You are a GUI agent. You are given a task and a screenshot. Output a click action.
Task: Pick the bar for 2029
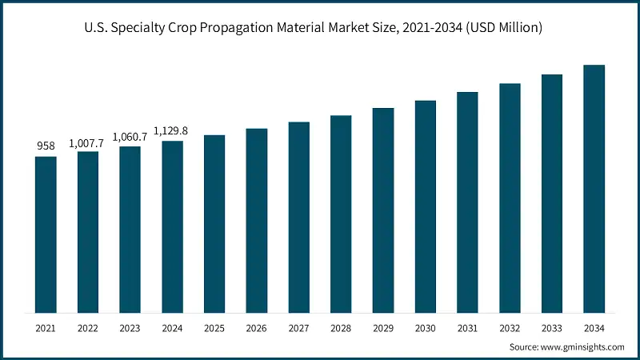pos(383,210)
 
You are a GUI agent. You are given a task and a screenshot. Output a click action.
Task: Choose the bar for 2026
pos(257,220)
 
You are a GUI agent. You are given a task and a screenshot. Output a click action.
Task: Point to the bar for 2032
pos(510,198)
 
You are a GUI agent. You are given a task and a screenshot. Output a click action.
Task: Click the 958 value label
pos(46,146)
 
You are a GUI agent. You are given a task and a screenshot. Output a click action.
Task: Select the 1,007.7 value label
pos(88,142)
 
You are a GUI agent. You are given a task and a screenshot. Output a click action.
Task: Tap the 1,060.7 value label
pos(130,137)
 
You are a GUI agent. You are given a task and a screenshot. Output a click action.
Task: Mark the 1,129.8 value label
pos(172,131)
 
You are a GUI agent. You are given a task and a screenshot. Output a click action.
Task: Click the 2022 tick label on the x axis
pos(88,327)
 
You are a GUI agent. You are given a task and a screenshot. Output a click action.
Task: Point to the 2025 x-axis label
pos(214,327)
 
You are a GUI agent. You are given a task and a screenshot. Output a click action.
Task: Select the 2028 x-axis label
pos(341,327)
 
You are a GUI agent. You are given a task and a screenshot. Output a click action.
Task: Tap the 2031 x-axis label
pos(467,327)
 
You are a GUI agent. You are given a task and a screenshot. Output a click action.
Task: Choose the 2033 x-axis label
pos(551,327)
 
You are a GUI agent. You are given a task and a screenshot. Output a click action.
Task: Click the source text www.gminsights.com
pos(584,347)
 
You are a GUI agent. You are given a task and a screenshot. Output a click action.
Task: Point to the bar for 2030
pos(425,206)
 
